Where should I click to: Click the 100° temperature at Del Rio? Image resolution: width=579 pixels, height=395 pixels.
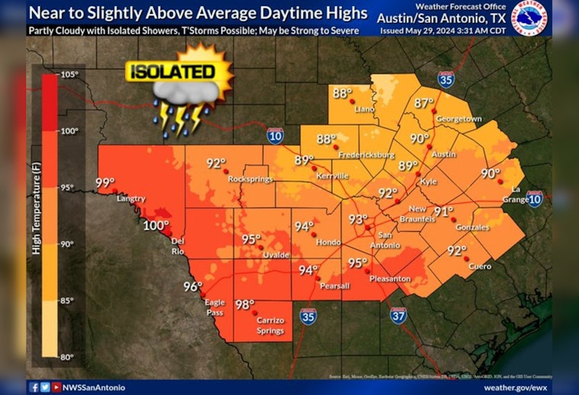[x=155, y=226]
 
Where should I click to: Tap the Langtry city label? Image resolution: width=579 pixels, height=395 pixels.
[x=131, y=199]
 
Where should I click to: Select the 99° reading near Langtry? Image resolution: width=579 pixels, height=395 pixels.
[x=104, y=183]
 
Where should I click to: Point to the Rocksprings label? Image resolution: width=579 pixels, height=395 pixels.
[x=251, y=178]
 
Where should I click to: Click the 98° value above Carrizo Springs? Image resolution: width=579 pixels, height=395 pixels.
[x=245, y=304]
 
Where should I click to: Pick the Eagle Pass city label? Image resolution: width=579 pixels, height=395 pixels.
[x=215, y=307]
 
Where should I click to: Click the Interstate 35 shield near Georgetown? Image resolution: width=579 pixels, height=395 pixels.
[x=446, y=78]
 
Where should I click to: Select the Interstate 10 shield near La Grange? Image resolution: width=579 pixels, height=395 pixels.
[x=535, y=200]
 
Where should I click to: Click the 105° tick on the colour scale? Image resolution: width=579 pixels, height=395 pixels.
[x=70, y=74]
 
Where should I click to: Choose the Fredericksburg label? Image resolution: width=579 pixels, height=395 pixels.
[x=367, y=155]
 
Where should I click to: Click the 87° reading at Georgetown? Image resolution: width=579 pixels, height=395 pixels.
[x=424, y=103]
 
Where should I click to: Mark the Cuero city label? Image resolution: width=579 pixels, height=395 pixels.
[x=480, y=267]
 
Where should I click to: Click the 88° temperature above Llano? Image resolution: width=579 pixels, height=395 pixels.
[x=341, y=94]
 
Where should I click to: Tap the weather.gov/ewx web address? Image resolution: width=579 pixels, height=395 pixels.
[x=516, y=387]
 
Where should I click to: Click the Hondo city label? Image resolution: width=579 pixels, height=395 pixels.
[x=328, y=242]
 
